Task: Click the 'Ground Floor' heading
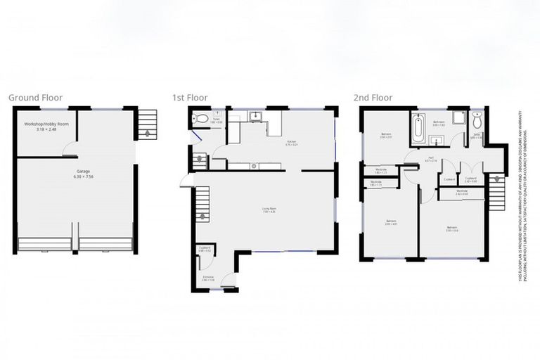click(x=35, y=98)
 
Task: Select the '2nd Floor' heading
click(x=375, y=98)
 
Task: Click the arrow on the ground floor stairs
click(x=146, y=131)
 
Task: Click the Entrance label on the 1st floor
click(x=208, y=278)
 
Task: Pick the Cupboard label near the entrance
click(x=205, y=248)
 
